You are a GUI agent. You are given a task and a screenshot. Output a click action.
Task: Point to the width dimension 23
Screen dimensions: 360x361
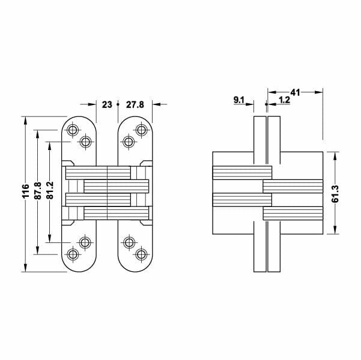[x=107, y=104]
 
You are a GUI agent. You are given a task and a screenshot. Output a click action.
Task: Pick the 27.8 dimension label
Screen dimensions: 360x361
[x=136, y=104]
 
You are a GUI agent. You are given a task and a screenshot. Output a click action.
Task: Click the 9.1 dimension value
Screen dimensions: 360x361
[x=238, y=101]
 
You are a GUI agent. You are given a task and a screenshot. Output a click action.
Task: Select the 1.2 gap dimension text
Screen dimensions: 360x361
[x=284, y=101]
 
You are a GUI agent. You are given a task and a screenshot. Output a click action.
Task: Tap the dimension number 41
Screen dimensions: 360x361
[x=294, y=92]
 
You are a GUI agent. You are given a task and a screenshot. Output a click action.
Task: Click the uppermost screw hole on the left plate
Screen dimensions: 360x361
[x=73, y=130]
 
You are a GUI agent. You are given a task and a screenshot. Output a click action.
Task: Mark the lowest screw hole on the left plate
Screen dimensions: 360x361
[x=73, y=254]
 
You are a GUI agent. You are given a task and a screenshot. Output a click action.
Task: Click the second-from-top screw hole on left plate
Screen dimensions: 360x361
[x=85, y=142]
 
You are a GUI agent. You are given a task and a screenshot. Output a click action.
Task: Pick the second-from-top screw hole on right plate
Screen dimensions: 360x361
[x=129, y=142]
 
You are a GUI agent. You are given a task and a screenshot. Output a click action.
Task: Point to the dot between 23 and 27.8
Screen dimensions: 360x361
[x=119, y=104]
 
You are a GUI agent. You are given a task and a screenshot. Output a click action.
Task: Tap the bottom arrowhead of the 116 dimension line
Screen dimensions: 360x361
[x=26, y=268]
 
